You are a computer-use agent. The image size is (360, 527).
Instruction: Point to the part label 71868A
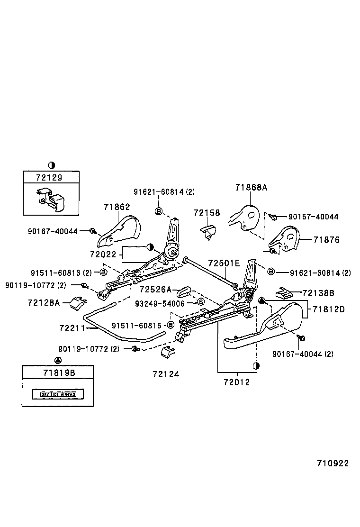(x=251, y=187)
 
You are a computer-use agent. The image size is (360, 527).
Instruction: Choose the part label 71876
(x=326, y=240)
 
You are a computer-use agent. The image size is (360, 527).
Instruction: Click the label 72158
(x=207, y=213)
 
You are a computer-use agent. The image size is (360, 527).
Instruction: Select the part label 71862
(x=117, y=207)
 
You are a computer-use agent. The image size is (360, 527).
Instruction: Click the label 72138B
(x=318, y=293)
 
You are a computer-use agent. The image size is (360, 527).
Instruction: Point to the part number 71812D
(x=328, y=309)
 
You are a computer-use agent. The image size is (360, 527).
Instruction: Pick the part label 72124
(x=166, y=374)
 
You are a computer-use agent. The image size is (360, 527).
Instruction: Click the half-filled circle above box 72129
(x=52, y=165)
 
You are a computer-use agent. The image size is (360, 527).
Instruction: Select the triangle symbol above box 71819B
(x=58, y=360)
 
